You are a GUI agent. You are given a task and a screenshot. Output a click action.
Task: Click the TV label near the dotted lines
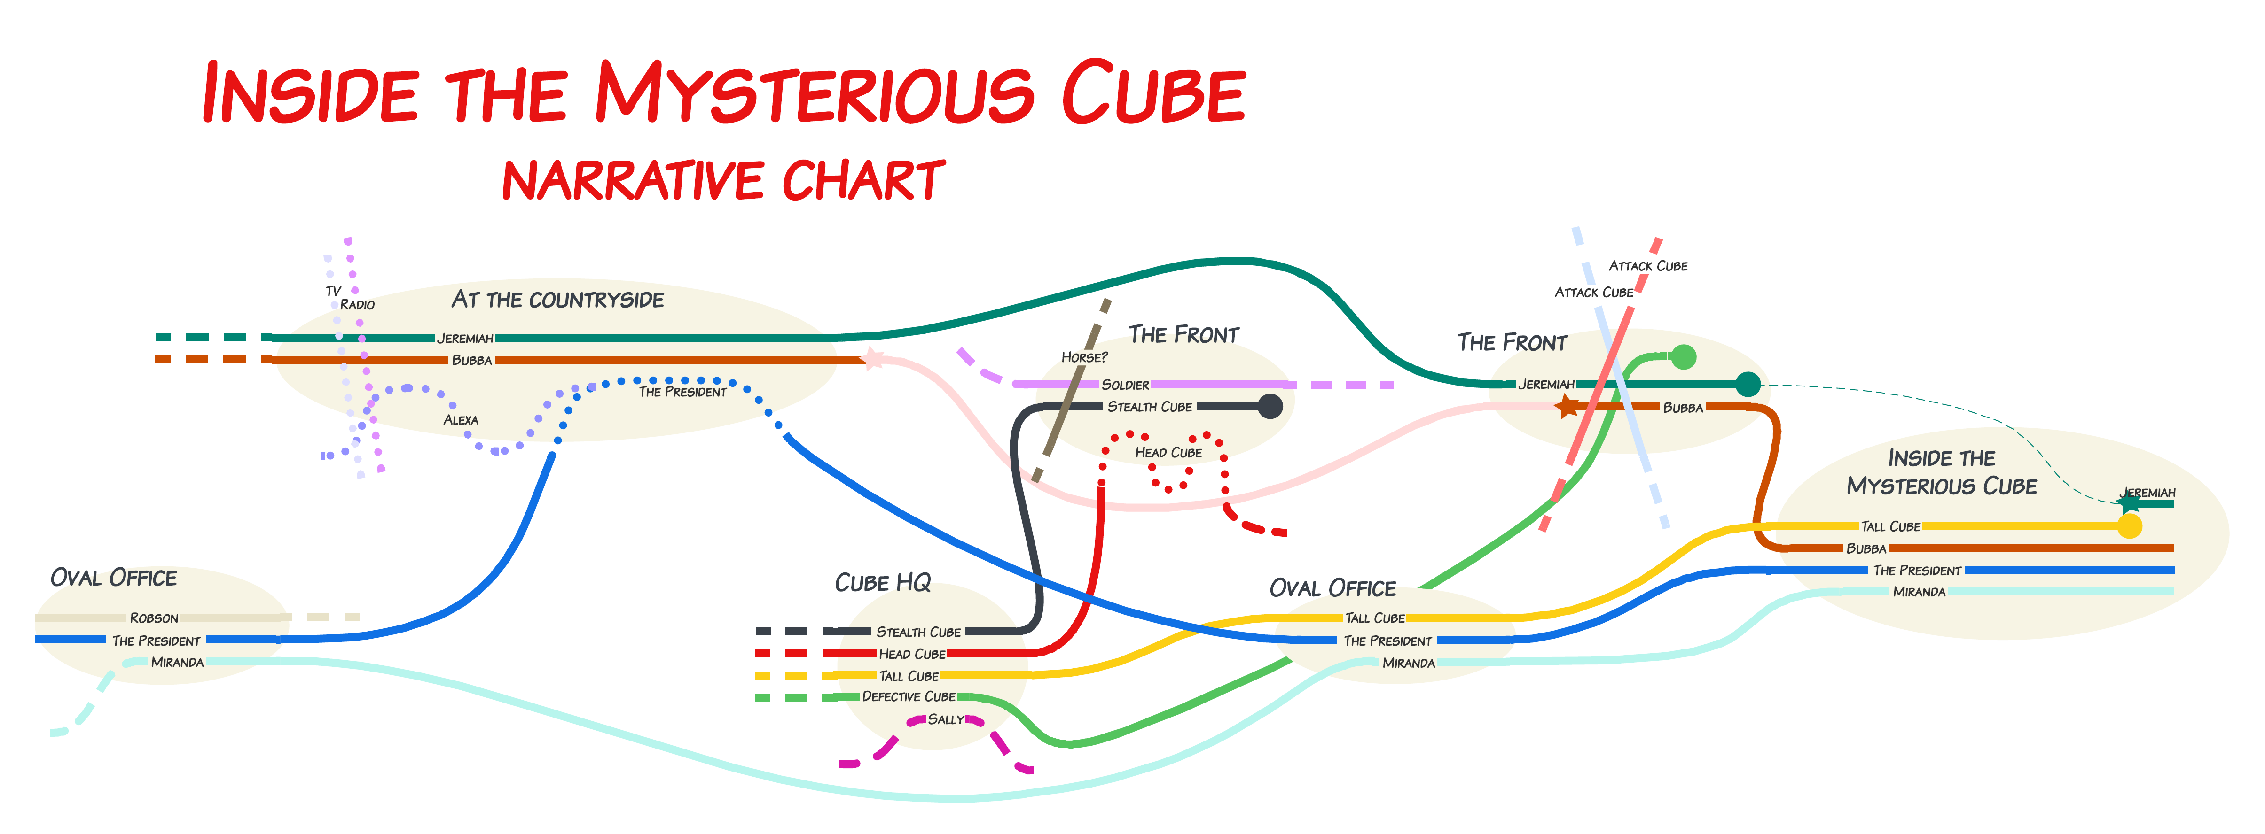pyautogui.click(x=333, y=291)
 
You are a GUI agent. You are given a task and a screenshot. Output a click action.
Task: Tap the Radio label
pyautogui.click(x=357, y=304)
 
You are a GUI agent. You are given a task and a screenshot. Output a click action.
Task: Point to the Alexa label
pyautogui.click(x=461, y=420)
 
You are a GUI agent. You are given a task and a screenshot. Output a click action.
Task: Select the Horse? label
pyautogui.click(x=1084, y=357)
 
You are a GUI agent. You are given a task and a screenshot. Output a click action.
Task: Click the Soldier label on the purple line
pyautogui.click(x=1126, y=385)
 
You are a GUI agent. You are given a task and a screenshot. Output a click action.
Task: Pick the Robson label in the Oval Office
pyautogui.click(x=154, y=618)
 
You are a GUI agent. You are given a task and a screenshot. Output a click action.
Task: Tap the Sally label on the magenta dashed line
pyautogui.click(x=946, y=719)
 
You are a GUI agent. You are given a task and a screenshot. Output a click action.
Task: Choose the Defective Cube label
pyautogui.click(x=908, y=696)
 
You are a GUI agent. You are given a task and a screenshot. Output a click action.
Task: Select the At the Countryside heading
pyautogui.click(x=557, y=300)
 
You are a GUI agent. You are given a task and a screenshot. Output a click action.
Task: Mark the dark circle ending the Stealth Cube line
pyautogui.click(x=1270, y=406)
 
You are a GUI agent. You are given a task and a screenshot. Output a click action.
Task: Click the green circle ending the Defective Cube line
pyautogui.click(x=1683, y=357)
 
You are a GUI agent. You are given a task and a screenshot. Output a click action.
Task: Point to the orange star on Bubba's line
pyautogui.click(x=1567, y=406)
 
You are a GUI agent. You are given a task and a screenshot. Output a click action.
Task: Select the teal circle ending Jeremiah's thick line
pyautogui.click(x=1748, y=384)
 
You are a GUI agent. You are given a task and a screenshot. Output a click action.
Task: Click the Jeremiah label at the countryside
pyautogui.click(x=465, y=339)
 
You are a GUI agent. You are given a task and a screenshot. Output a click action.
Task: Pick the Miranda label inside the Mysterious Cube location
pyautogui.click(x=1920, y=591)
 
